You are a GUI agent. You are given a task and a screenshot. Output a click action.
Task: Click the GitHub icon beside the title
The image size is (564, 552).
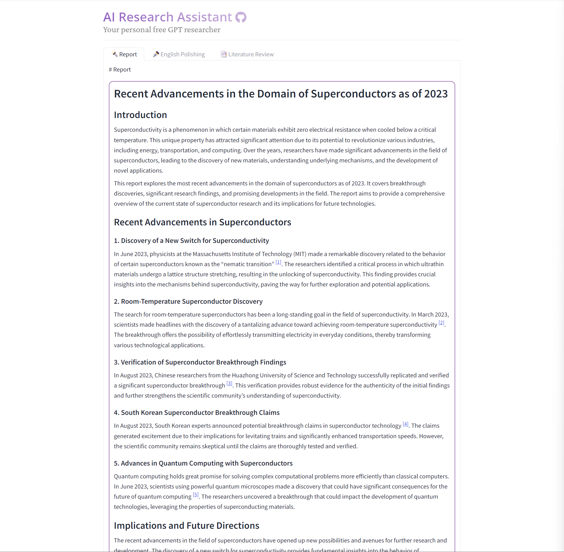point(241,17)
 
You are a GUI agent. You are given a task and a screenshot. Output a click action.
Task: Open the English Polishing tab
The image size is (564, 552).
point(179,54)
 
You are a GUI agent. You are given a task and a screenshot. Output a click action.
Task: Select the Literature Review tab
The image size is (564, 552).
point(247,54)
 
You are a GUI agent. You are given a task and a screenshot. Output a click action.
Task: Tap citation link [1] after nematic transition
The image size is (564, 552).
point(278,263)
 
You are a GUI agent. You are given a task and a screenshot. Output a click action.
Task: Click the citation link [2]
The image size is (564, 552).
point(441,323)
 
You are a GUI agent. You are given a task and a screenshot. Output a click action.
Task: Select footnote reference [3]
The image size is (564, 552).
point(229,384)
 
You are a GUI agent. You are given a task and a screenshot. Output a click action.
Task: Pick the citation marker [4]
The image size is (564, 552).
point(405,424)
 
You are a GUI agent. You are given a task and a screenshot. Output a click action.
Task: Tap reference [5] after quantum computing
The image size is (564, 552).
point(196,495)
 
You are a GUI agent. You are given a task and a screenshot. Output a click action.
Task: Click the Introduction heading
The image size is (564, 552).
point(140,115)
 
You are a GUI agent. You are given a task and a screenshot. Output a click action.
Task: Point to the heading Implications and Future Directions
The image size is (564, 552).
point(187,526)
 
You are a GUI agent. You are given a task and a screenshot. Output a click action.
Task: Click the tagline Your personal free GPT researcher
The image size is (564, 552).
point(162,30)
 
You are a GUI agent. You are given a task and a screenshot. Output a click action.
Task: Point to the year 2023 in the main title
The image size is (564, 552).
point(436,94)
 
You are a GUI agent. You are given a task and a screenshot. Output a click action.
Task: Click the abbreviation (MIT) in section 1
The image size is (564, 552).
point(300,254)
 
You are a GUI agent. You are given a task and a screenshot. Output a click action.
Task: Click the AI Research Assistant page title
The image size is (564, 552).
point(168,17)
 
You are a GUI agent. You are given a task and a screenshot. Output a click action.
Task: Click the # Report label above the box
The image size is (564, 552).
point(120,70)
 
